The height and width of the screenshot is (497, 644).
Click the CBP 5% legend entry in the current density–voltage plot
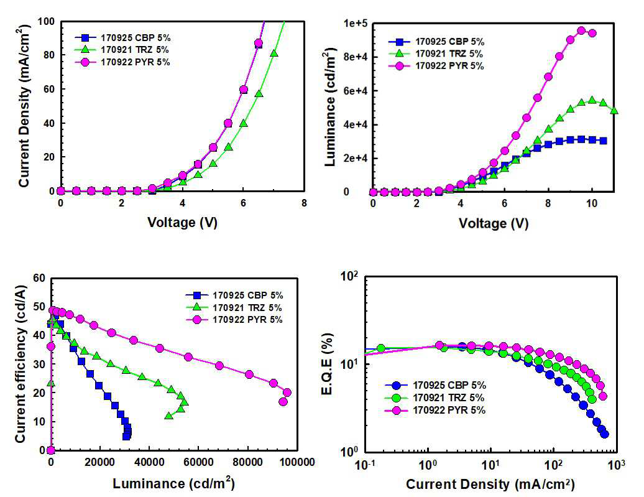tap(122, 38)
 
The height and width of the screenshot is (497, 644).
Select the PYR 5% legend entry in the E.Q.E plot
tap(435, 411)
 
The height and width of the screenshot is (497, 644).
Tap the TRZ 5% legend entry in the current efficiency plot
tap(234, 307)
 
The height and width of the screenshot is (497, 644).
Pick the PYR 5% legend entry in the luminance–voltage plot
tap(436, 66)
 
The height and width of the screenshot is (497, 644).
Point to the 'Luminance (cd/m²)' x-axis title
tap(173, 483)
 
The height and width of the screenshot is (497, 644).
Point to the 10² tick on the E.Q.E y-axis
tap(349, 276)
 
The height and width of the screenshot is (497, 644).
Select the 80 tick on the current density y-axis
tap(49, 55)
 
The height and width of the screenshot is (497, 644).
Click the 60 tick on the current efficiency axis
tap(39, 278)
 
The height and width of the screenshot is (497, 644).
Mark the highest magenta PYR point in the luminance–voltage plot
tap(581, 30)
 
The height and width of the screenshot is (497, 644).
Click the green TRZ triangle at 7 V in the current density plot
tap(274, 53)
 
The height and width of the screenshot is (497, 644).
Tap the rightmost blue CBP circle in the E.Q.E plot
tap(604, 434)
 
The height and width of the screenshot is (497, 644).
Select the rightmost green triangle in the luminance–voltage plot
tap(614, 110)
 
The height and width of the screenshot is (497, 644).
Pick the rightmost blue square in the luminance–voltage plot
tap(604, 141)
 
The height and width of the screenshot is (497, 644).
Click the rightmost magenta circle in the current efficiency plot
tap(287, 392)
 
